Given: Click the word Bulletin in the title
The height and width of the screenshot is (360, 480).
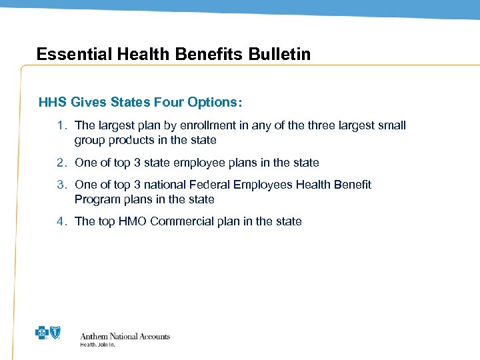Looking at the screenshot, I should pos(280,54).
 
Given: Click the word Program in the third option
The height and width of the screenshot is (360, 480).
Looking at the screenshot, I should pos(97,199).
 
